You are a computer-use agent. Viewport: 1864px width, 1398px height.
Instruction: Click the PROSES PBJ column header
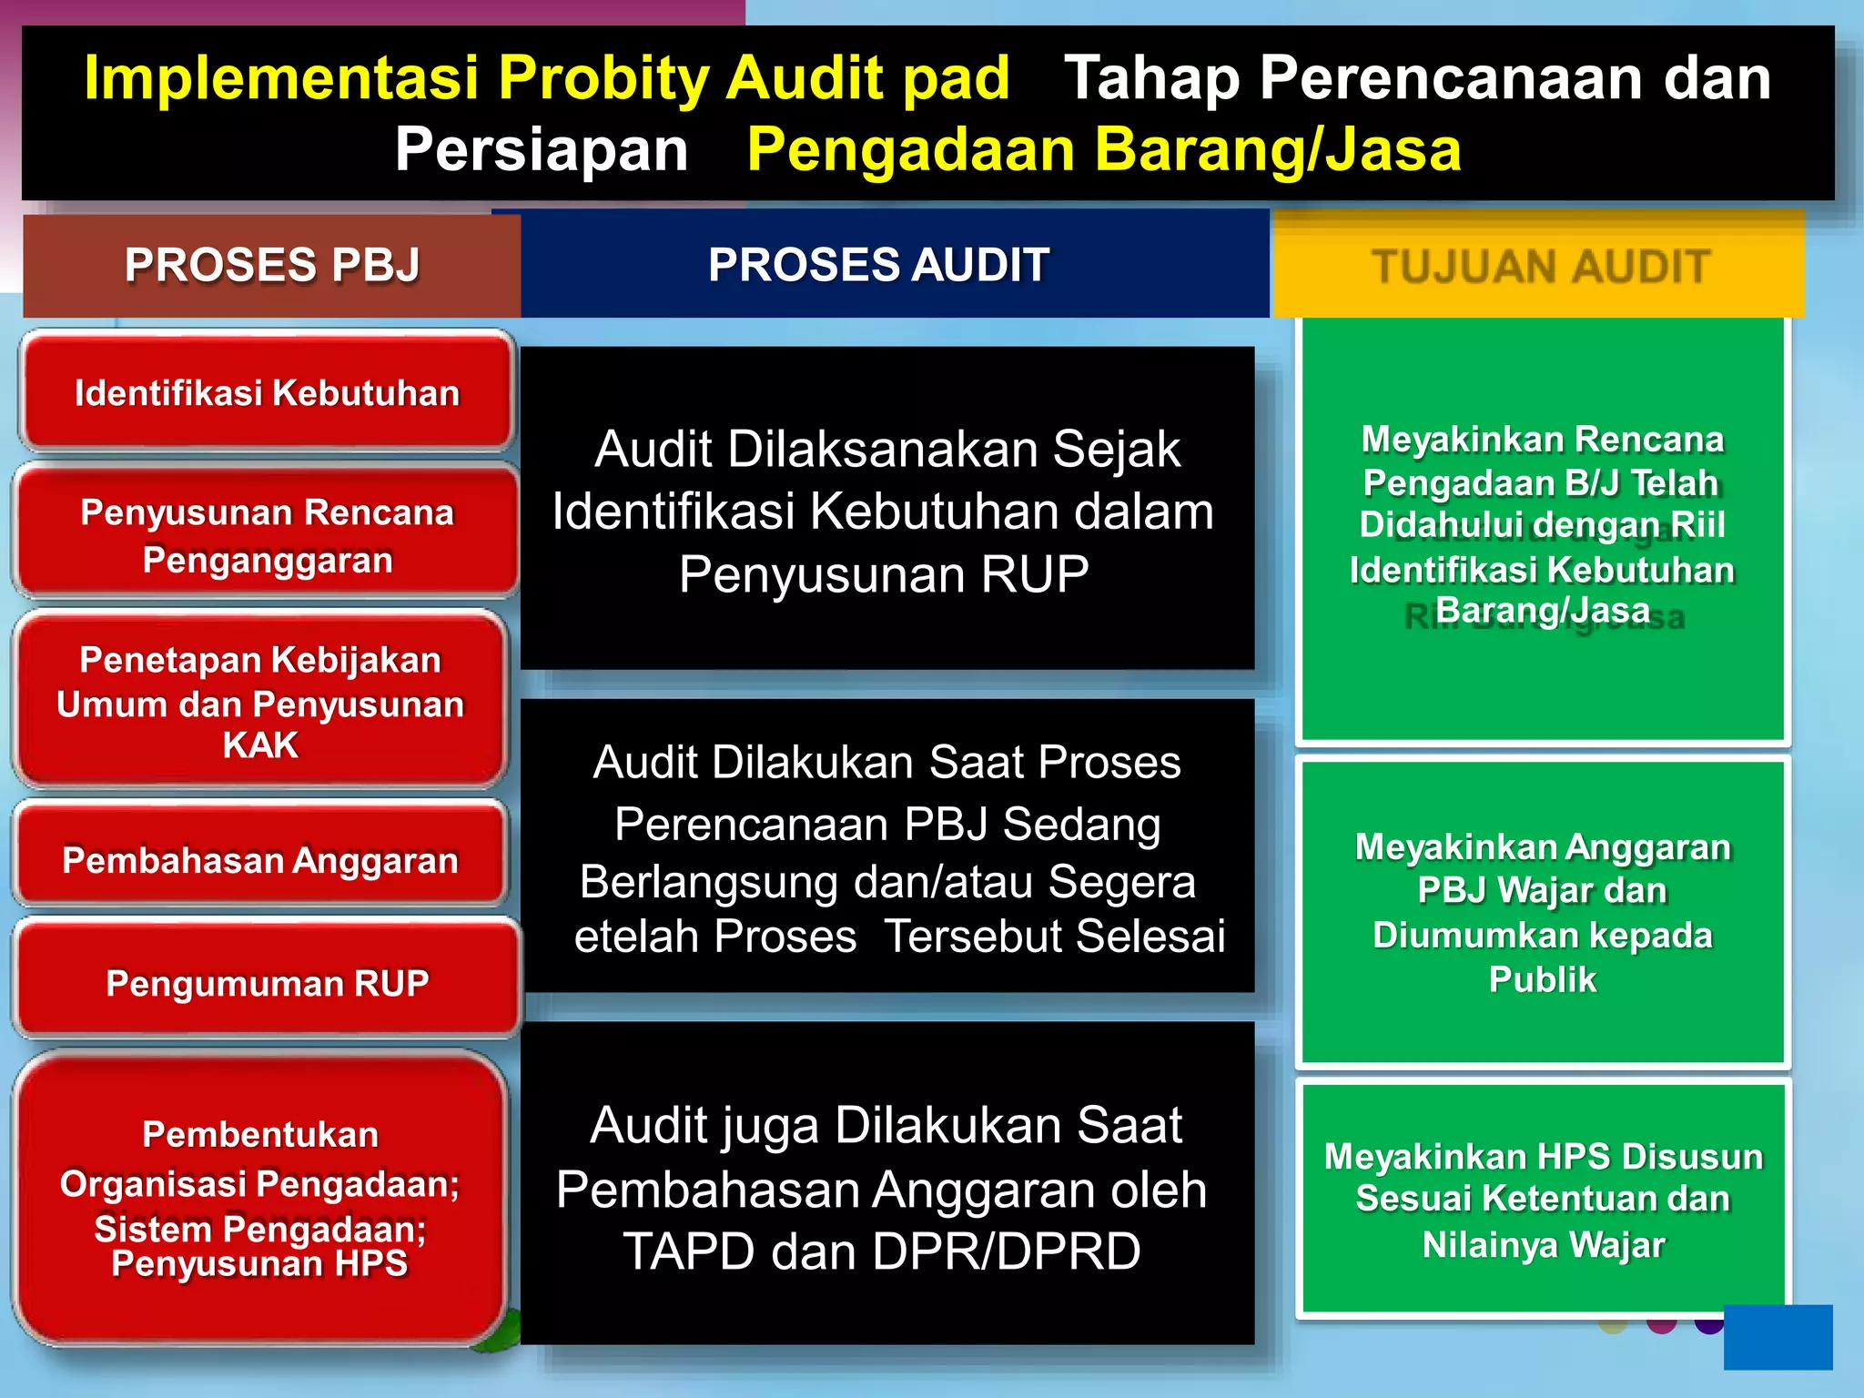click(x=272, y=266)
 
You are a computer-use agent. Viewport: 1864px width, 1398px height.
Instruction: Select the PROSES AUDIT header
click(x=879, y=266)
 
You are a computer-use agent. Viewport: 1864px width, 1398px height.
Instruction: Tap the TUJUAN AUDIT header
click(x=1540, y=267)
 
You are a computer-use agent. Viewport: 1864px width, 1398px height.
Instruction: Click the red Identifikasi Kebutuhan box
click(x=267, y=393)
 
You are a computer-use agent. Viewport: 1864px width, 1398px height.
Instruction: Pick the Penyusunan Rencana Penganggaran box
click(x=267, y=535)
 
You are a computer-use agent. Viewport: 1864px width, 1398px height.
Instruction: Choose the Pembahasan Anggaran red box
click(x=260, y=860)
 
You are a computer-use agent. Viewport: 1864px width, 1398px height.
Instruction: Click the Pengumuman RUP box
click(x=267, y=983)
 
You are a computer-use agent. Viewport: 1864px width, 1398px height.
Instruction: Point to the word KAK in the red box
click(x=260, y=745)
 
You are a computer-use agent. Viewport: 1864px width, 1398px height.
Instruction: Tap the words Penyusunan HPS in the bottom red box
click(x=259, y=1264)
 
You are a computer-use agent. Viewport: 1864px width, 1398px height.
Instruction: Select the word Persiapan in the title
click(x=542, y=150)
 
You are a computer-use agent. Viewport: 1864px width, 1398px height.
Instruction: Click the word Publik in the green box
click(x=1543, y=980)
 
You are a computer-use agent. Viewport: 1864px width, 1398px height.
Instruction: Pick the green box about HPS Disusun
click(x=1543, y=1199)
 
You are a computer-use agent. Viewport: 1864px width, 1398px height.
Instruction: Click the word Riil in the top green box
click(x=1697, y=525)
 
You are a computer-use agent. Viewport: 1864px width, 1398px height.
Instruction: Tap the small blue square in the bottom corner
click(x=1778, y=1337)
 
